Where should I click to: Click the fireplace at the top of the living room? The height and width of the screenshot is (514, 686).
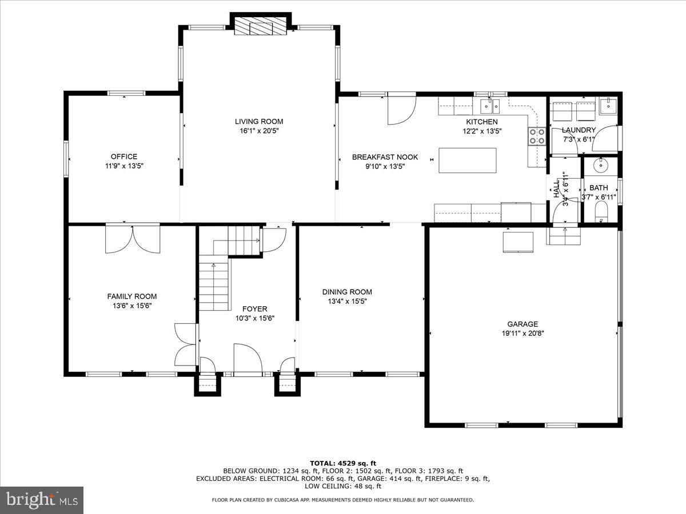point(260,26)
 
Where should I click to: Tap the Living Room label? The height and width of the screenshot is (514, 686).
point(259,121)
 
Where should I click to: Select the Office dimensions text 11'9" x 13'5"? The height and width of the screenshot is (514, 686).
point(124,166)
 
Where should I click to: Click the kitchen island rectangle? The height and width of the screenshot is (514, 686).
point(468,160)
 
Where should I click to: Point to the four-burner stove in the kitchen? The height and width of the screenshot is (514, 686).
point(537,136)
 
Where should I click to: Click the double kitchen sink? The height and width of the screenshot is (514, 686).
point(490,106)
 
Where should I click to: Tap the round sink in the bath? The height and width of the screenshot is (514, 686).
point(600,166)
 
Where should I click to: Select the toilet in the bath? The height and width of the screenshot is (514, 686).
point(601,215)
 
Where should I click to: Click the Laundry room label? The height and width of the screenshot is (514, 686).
point(579,130)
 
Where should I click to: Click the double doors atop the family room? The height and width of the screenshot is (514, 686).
point(133,239)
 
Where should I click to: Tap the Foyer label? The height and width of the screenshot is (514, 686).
point(254,309)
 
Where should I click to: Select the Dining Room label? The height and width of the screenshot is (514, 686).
point(347,292)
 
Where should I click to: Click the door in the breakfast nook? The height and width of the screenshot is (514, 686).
point(401,110)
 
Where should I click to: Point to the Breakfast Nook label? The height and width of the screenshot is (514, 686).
point(385,157)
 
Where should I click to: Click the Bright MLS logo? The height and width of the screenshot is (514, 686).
point(42,500)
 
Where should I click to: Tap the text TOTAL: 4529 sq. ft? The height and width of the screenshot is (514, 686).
point(343,463)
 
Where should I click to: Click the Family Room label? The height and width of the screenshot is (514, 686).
point(132,296)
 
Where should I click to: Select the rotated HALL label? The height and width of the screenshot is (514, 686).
point(556,188)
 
